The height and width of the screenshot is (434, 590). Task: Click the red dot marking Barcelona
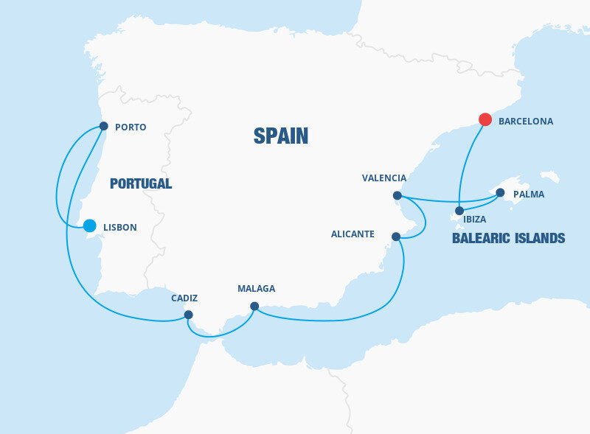485,119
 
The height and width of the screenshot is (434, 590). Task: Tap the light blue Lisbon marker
89,225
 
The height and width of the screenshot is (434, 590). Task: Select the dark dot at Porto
103,126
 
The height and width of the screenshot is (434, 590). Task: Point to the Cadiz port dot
188,315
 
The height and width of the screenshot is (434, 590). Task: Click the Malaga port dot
254,306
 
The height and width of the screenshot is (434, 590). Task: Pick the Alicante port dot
396,237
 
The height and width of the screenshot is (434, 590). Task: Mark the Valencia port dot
398,195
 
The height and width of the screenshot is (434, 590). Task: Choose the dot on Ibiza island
459,211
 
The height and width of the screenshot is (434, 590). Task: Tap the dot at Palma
500,193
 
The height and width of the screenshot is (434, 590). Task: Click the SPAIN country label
281,136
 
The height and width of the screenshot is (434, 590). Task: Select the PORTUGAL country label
141,183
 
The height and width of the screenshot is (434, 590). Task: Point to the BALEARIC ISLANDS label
508,238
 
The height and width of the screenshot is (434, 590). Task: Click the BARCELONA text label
526,121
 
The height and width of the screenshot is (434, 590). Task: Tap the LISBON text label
120,228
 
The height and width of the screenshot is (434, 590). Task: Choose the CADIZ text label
184,298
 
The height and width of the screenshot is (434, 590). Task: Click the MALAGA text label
257,289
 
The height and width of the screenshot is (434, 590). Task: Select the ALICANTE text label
353,234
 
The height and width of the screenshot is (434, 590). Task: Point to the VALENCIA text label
384,178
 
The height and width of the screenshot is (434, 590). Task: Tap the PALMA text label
529,195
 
